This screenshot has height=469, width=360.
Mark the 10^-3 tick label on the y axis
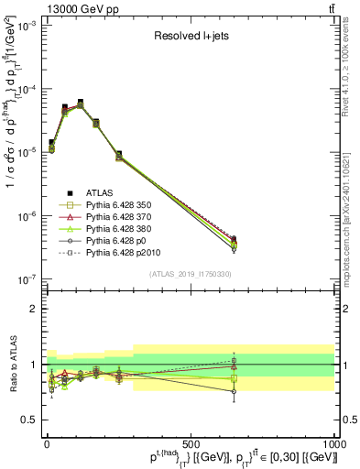click(25, 27)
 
